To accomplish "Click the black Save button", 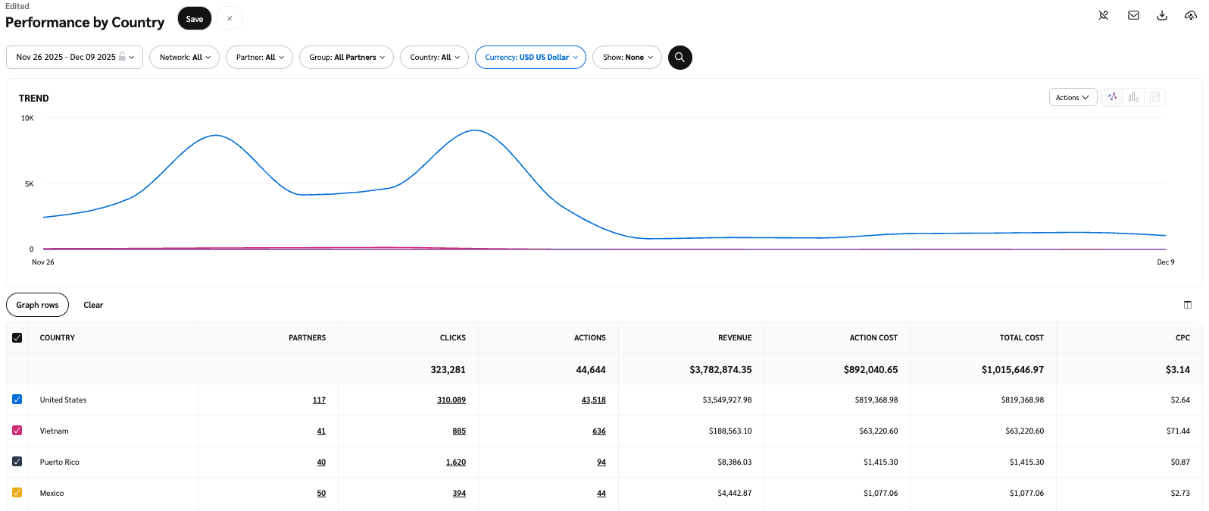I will point(195,19).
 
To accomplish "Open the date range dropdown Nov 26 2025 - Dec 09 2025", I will point(74,58).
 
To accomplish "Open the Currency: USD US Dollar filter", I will point(530,58).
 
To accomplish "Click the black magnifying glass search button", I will point(679,58).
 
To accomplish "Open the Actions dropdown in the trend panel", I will point(1072,98).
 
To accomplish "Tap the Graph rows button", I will point(37,305).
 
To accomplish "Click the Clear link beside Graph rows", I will point(93,305).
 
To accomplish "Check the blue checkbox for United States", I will point(17,400).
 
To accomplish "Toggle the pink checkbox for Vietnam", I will point(17,431).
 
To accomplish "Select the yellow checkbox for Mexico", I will point(17,493).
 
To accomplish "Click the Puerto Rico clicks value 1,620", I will point(456,462).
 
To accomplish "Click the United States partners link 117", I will point(319,400).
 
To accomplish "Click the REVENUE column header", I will point(735,338).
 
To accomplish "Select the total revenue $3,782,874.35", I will point(720,370).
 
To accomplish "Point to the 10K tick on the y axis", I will point(27,118).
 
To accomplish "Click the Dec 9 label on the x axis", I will point(1165,262).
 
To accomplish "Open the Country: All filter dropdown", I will point(435,58).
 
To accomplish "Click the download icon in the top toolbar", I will point(1162,16).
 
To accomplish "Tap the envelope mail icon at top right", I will point(1133,16).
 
